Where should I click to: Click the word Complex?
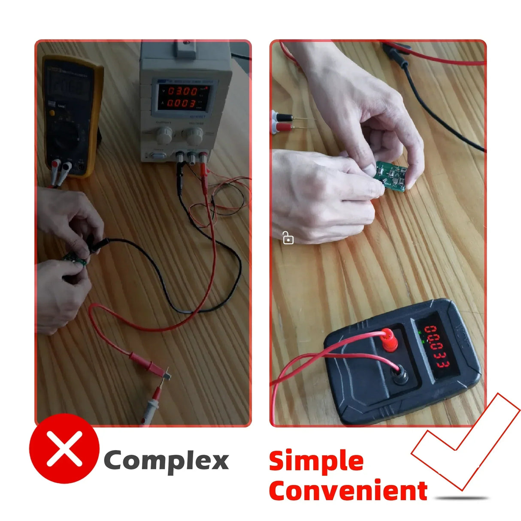pyautogui.click(x=166, y=461)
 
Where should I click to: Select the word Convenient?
pyautogui.click(x=348, y=491)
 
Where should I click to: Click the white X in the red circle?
pyautogui.click(x=64, y=448)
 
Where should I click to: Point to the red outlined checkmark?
pyautogui.click(x=466, y=442)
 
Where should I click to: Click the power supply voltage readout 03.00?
pyautogui.click(x=182, y=91)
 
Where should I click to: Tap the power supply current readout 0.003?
pyautogui.click(x=182, y=103)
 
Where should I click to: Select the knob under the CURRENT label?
pyautogui.click(x=164, y=135)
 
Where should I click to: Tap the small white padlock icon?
pyautogui.click(x=288, y=238)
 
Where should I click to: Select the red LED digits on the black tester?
pyautogui.click(x=437, y=347)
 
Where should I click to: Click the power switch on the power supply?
pyautogui.click(x=157, y=155)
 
